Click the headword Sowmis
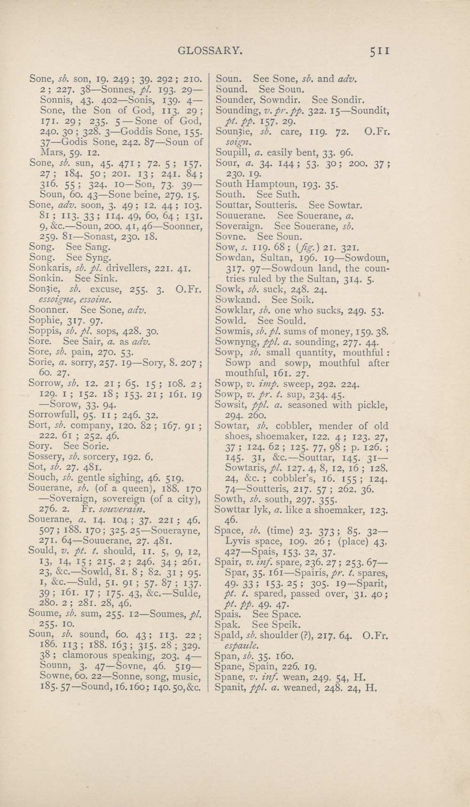pyautogui.click(x=233, y=332)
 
